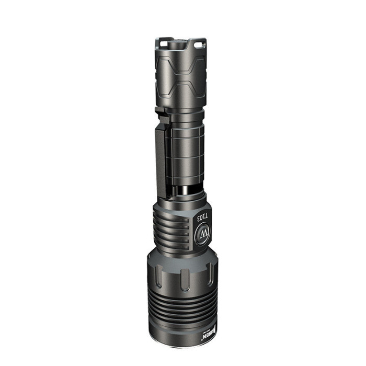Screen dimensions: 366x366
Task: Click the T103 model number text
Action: [202, 215]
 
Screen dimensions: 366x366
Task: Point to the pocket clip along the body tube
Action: [161, 157]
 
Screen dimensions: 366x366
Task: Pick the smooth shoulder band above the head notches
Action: [183, 257]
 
